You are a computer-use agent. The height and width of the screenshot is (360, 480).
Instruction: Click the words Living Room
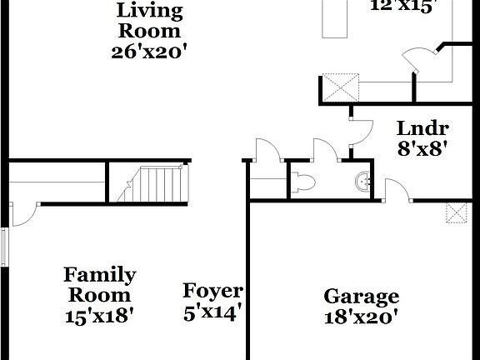pyautogui.click(x=148, y=22)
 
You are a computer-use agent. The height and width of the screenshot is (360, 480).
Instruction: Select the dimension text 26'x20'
pyautogui.click(x=148, y=51)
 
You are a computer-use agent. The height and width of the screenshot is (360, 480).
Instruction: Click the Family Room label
pyautogui.click(x=100, y=284)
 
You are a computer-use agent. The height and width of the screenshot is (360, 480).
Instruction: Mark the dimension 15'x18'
pyautogui.click(x=100, y=316)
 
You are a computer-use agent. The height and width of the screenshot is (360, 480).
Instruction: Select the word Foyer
pyautogui.click(x=212, y=292)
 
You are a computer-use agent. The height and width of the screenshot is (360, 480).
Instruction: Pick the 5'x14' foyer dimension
pyautogui.click(x=212, y=313)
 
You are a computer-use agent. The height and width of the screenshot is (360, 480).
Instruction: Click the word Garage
pyautogui.click(x=361, y=297)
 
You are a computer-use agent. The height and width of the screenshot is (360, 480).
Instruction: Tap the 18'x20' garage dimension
pyautogui.click(x=361, y=317)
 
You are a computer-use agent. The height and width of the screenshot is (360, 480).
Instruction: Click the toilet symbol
pyautogui.click(x=303, y=180)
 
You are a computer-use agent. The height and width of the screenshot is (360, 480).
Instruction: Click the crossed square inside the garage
pyautogui.click(x=456, y=213)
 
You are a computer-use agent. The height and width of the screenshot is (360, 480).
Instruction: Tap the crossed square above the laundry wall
pyautogui.click(x=340, y=87)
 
